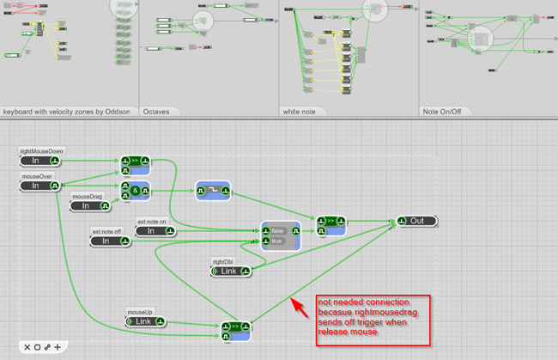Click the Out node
pyautogui.click(x=417, y=222)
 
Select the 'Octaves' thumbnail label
pyautogui.click(x=156, y=112)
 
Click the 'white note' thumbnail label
pyautogui.click(x=300, y=112)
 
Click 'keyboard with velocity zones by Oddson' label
pyautogui.click(x=67, y=112)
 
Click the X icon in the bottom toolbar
pyautogui.click(x=27, y=347)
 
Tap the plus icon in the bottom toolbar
pyautogui.click(x=58, y=347)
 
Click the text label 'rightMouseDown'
pyautogui.click(x=41, y=151)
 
